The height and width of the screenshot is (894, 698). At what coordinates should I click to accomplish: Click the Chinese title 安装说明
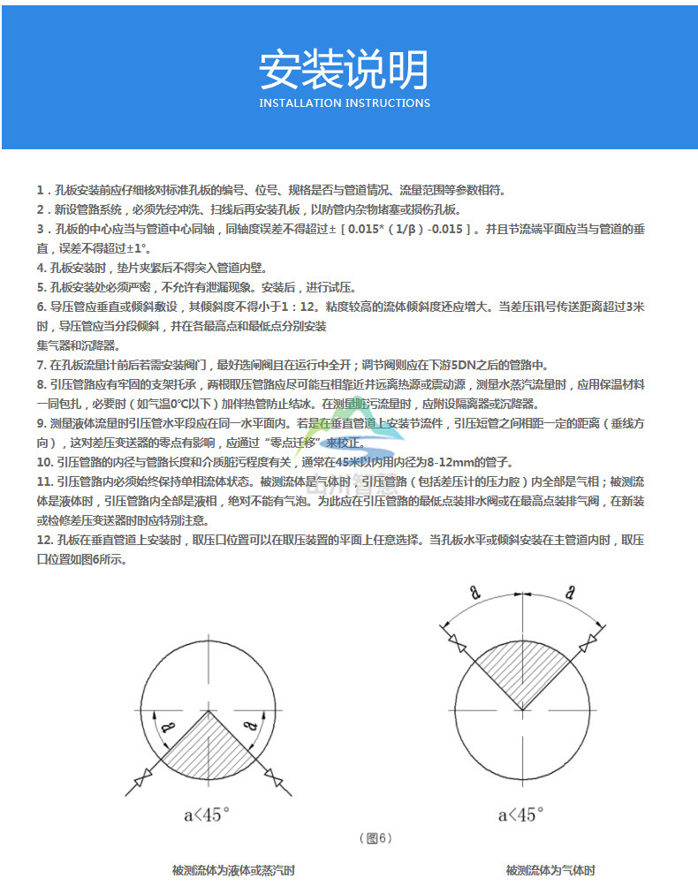[x=344, y=70]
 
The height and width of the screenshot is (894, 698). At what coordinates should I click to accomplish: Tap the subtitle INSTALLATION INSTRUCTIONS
[x=345, y=103]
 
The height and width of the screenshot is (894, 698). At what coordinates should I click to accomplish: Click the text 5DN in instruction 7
[x=466, y=365]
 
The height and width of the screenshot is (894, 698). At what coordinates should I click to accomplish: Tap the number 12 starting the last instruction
[x=43, y=541]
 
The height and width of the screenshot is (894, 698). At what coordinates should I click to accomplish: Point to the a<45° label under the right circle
[x=520, y=814]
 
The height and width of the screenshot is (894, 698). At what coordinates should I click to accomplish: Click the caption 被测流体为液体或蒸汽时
[x=233, y=871]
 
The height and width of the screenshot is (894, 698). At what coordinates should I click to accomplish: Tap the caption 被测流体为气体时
[x=550, y=871]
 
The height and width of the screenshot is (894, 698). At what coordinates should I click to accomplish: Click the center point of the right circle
[x=522, y=709]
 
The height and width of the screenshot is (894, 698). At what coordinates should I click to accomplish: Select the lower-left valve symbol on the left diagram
[x=141, y=781]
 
